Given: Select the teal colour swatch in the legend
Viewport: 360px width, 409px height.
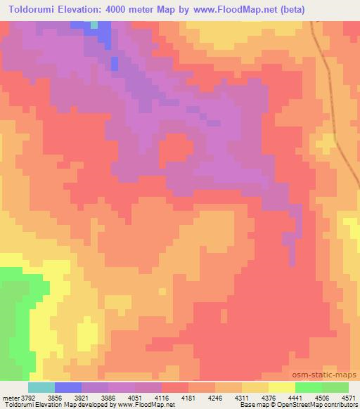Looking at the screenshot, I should [x=41, y=387].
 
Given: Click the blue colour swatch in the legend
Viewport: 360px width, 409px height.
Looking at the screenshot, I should [x=68, y=387].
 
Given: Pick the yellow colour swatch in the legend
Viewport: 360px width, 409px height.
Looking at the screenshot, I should [x=282, y=387].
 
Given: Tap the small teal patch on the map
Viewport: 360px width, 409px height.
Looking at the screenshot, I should [x=94, y=24].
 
